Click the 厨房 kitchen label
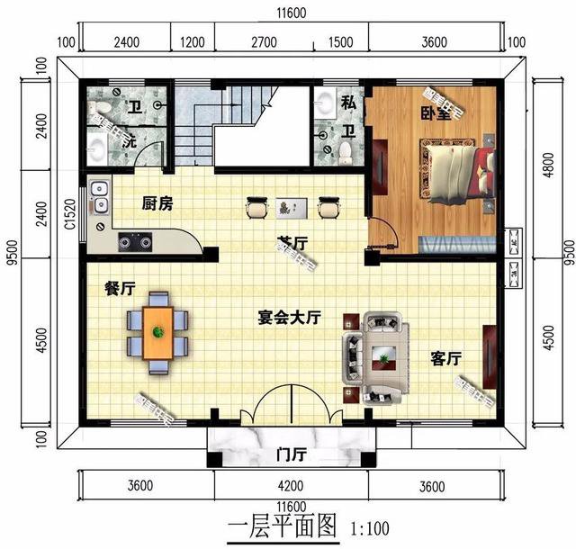(x=157, y=203)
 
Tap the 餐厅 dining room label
(x=120, y=289)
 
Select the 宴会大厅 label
(x=290, y=318)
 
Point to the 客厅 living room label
(x=445, y=358)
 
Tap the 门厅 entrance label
(x=290, y=454)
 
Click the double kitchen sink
(x=99, y=198)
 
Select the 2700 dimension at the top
(x=263, y=41)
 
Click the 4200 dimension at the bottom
(x=291, y=487)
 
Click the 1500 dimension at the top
(x=341, y=41)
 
